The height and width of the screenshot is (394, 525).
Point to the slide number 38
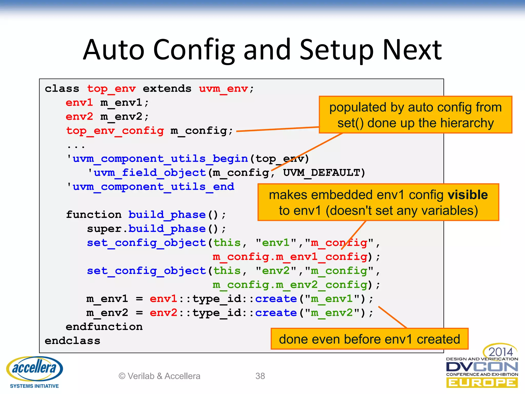pos(260,376)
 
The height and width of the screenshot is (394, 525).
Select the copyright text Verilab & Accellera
pos(159,376)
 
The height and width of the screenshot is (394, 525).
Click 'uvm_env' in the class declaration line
pos(223,89)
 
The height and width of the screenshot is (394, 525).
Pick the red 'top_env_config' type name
pos(115,131)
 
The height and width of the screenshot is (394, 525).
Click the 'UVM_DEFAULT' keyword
pos(321,173)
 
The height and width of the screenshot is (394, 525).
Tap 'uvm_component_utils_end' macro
pos(153,187)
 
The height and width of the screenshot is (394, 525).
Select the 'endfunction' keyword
pos(104,327)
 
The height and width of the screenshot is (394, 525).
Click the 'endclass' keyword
pos(72,341)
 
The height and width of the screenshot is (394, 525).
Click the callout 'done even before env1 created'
pos(369,339)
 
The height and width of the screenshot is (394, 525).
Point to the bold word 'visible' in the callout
pos(468,195)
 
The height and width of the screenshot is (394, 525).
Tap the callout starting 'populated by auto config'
pos(415,115)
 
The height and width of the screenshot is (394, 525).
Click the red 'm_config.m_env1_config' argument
pos(290,257)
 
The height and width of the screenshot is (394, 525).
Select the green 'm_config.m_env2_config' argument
pos(290,285)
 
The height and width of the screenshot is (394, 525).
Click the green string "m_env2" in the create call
pos(332,313)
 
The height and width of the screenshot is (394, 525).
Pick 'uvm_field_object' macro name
pos(150,173)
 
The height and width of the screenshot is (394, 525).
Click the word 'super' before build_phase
pos(104,229)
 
